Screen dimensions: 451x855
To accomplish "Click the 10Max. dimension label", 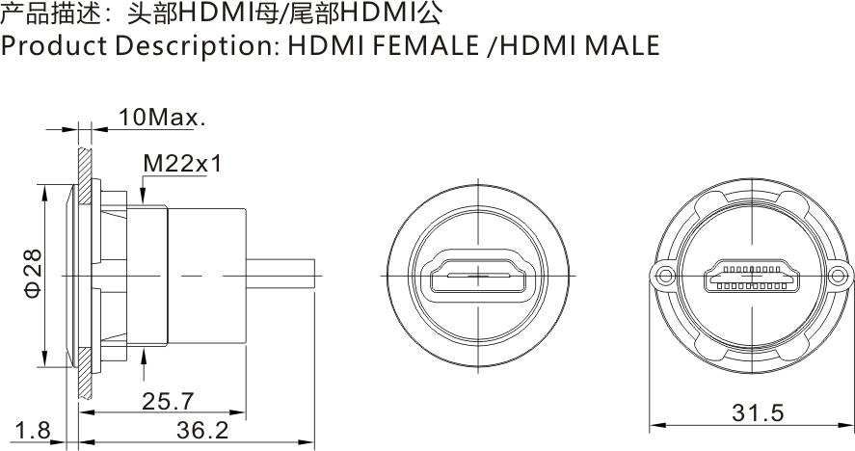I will point(162,118).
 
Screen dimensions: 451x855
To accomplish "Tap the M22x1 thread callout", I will point(182,164).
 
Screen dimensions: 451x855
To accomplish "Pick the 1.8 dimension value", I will point(33,431).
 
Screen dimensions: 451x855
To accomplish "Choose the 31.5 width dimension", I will point(758,413).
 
